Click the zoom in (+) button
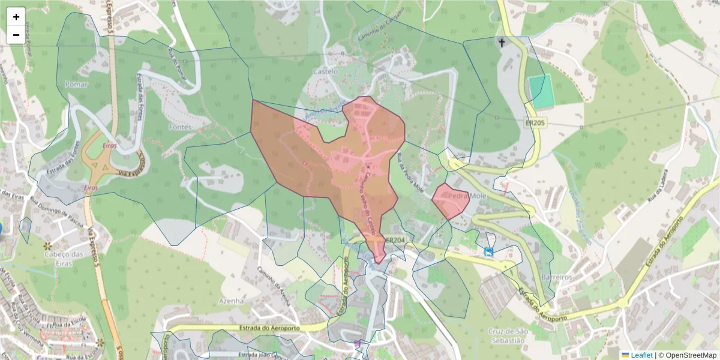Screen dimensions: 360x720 click(16, 17)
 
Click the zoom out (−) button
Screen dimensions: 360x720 click(16, 35)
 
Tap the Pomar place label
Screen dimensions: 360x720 click(76, 85)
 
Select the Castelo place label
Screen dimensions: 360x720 click(326, 71)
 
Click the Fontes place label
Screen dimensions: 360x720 click(180, 127)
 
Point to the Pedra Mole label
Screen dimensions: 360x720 click(466, 196)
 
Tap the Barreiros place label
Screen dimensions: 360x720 click(554, 278)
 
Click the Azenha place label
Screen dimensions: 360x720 click(231, 301)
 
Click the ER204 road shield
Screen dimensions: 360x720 click(394, 239)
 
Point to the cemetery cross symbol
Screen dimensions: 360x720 click(502, 43)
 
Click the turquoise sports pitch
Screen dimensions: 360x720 click(541, 91)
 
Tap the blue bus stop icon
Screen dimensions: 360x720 click(489, 251)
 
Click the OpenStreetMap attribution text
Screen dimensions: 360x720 click(687, 355)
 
